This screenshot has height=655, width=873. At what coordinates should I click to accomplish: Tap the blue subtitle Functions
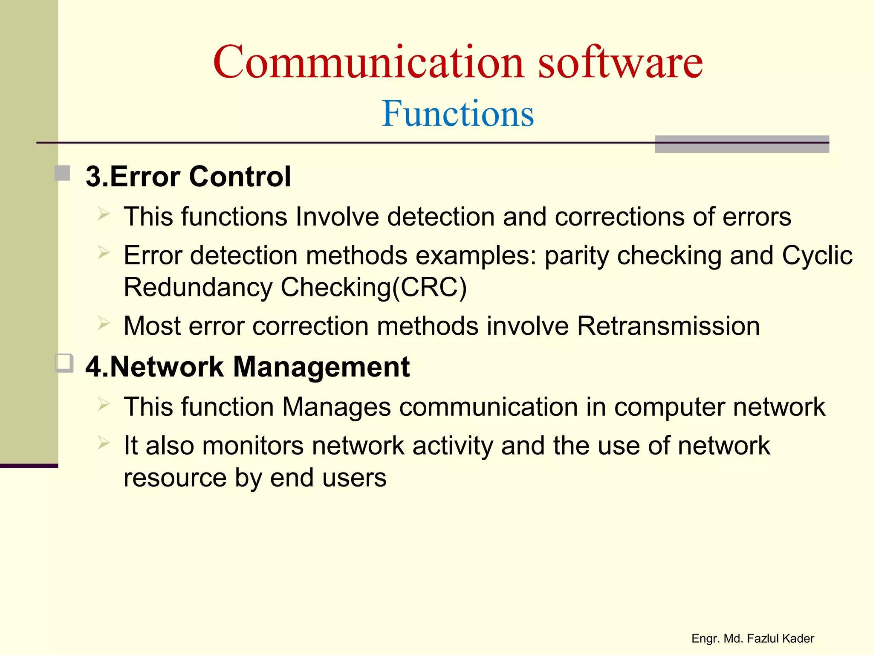click(x=457, y=113)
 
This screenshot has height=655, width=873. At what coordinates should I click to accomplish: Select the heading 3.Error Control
click(x=188, y=176)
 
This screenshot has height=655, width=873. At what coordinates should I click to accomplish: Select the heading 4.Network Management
click(x=247, y=367)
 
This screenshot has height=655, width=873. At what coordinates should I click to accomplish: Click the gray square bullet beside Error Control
click(x=63, y=173)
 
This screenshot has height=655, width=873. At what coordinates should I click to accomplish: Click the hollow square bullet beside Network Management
click(x=64, y=363)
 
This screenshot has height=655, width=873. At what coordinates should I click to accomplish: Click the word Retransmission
click(x=668, y=326)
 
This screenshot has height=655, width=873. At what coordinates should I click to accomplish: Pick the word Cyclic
click(x=817, y=255)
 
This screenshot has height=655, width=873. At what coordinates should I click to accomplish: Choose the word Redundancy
click(x=198, y=287)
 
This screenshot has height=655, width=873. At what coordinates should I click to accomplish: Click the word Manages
click(x=336, y=407)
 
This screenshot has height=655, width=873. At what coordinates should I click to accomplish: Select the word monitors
click(x=253, y=446)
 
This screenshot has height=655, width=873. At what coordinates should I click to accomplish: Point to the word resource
click(x=175, y=478)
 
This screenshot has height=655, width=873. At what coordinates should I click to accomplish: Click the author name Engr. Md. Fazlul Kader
click(x=752, y=638)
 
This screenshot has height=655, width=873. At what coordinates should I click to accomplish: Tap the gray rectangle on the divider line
click(x=741, y=144)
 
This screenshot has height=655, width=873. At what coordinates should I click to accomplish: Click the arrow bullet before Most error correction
click(x=104, y=323)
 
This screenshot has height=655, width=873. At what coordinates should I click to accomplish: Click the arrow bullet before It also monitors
click(x=104, y=443)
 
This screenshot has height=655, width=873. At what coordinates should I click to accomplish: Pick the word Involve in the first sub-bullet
click(x=337, y=217)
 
